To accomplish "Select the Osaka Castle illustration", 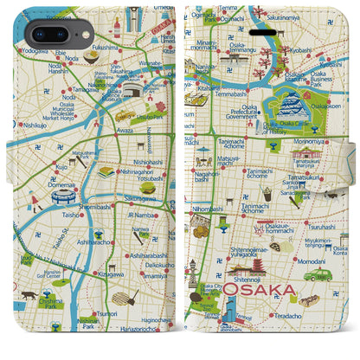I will point(292,107).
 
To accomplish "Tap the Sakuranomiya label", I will point(309,15).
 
